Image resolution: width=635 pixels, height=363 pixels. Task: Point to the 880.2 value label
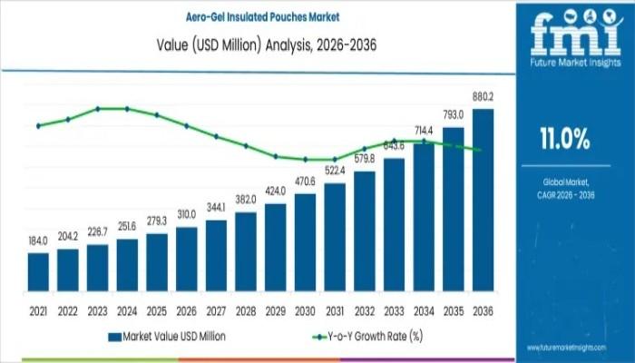click(x=483, y=96)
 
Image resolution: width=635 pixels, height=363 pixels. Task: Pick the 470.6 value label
click(x=305, y=181)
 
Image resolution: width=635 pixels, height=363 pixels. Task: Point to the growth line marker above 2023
click(x=97, y=109)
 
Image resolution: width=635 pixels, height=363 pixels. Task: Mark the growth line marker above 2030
click(x=305, y=159)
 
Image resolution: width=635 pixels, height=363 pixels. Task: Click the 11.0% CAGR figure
click(x=564, y=140)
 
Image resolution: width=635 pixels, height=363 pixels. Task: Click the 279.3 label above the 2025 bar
click(x=157, y=221)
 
